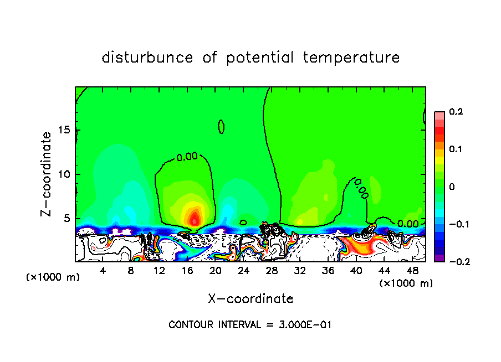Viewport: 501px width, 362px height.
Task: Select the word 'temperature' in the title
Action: point(351,58)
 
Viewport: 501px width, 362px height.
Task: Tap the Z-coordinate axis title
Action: point(47,174)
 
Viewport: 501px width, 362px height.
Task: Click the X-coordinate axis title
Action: point(250,299)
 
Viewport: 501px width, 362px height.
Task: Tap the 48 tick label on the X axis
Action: point(412,271)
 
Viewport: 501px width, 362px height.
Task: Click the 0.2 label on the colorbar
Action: point(456,112)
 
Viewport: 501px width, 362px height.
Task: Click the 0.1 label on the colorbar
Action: point(456,149)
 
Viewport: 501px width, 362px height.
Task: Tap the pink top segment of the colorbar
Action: point(439,115)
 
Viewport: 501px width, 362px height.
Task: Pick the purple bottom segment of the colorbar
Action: point(439,258)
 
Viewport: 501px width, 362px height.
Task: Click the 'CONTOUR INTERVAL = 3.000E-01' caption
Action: point(250,325)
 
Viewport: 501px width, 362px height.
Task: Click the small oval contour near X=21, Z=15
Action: point(221,127)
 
